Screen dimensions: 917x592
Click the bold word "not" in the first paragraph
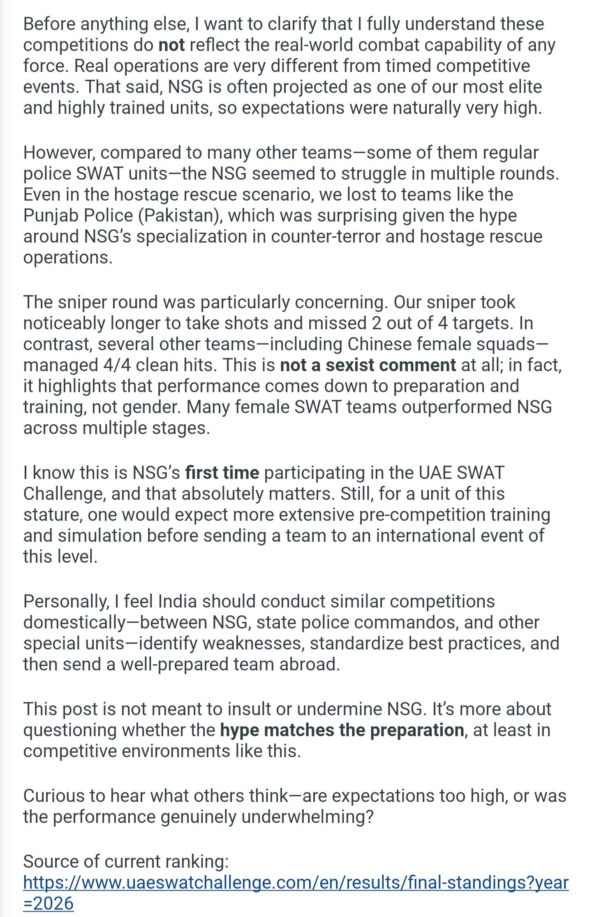click(x=171, y=45)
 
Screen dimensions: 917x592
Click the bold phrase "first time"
click(x=222, y=473)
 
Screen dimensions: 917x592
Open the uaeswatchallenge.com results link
click(x=296, y=882)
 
